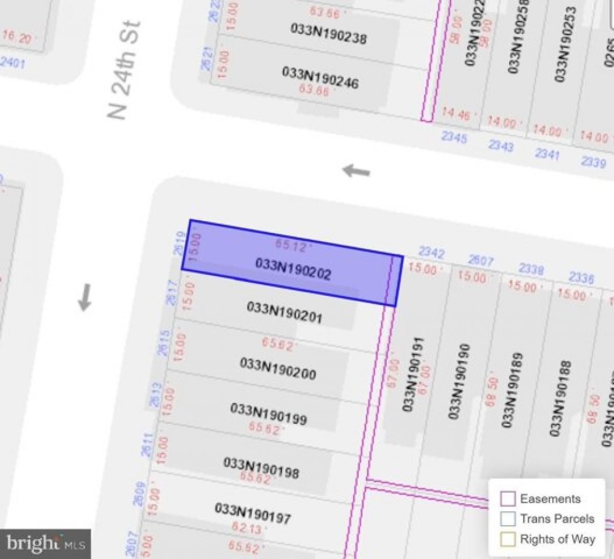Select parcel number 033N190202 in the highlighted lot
[293, 269]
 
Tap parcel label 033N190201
[284, 312]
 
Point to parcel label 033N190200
[278, 369]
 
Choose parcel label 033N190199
[269, 415]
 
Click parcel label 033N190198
[261, 466]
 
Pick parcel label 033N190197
[253, 513]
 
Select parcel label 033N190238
[328, 33]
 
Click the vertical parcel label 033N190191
[412, 374]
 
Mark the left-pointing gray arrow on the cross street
[356, 170]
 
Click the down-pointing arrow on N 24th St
[85, 297]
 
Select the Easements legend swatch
[508, 499]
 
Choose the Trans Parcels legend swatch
[508, 519]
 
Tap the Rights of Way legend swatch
[508, 539]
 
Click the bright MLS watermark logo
[46, 543]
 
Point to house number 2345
[454, 137]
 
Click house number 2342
[431, 252]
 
